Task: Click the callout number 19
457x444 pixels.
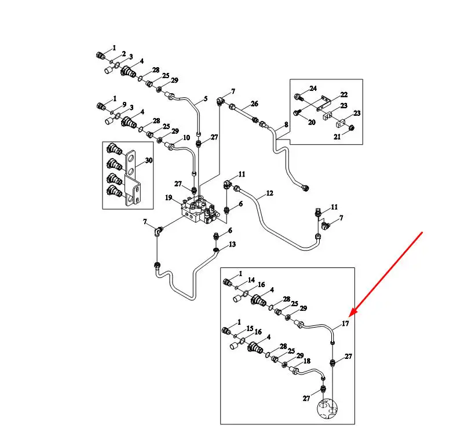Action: point(169,197)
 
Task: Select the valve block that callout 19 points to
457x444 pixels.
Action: point(199,211)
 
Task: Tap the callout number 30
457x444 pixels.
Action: point(149,160)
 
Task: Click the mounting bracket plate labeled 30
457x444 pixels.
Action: point(132,178)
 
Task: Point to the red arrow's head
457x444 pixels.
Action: point(350,315)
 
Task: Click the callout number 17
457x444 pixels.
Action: point(345,324)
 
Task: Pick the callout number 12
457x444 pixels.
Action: point(269,193)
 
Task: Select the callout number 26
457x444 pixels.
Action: point(254,104)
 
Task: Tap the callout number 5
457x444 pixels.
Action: point(206,99)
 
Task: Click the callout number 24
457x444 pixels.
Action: point(313,88)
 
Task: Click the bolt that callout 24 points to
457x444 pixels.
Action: point(298,97)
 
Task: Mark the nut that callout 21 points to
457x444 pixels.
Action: point(352,127)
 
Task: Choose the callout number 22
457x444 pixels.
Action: point(344,95)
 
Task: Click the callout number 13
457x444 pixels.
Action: point(232,244)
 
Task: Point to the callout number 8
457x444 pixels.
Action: point(286,124)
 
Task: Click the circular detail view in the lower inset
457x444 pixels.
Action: point(327,409)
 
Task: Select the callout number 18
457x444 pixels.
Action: point(307,361)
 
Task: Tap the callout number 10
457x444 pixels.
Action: point(187,137)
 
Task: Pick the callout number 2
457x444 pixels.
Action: point(124,54)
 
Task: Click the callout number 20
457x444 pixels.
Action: point(312,122)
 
